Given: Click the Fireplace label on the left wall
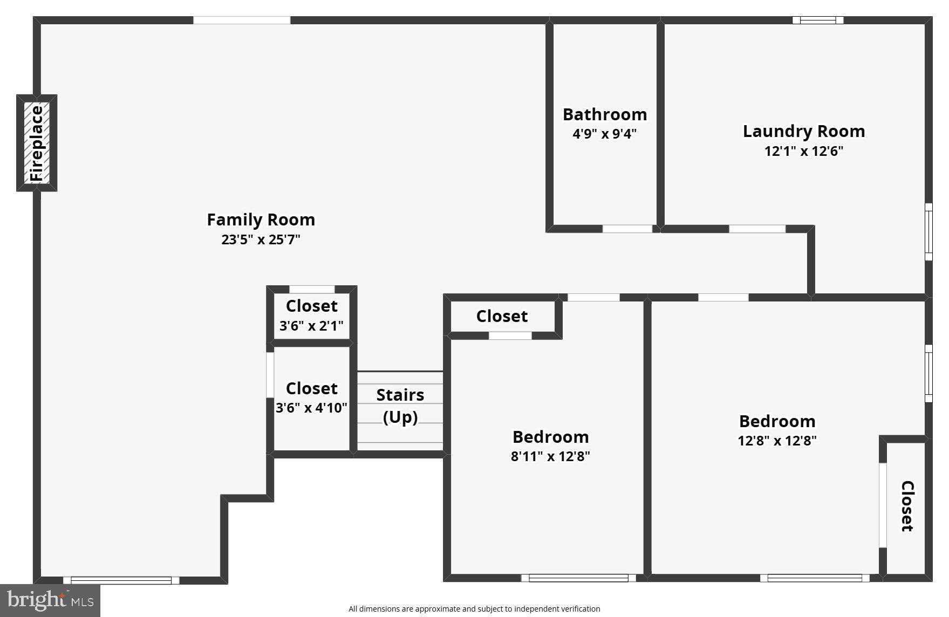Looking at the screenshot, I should click(36, 143).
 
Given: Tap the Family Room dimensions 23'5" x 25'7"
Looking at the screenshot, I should click(261, 239).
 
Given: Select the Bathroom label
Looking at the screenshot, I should click(604, 114).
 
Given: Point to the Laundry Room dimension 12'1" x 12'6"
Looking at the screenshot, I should click(803, 151).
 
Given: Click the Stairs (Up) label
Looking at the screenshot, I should click(400, 406).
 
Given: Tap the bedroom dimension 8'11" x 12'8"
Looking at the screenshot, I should click(550, 456).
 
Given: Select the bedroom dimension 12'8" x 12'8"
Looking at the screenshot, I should click(776, 441).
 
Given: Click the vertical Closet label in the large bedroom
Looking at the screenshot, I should click(907, 506).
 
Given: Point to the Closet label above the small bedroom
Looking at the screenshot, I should click(502, 316).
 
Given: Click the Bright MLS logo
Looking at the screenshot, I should click(50, 600).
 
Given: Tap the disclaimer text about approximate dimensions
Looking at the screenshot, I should click(474, 609).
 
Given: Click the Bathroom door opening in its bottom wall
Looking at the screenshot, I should click(627, 229).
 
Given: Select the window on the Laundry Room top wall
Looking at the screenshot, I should click(817, 20).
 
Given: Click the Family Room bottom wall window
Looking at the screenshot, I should click(121, 580).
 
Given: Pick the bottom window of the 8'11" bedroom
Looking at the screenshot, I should click(578, 578).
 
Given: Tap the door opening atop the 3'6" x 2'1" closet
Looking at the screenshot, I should click(312, 290).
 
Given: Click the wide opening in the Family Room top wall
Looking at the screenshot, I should click(242, 20).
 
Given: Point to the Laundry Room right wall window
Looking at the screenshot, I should click(928, 232).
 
